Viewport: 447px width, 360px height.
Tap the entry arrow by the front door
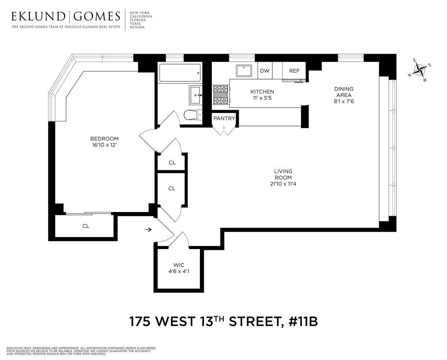point(147,229)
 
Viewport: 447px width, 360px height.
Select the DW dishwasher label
point(265,71)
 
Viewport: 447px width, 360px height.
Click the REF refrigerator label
point(294,71)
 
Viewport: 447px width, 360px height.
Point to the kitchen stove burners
point(220,95)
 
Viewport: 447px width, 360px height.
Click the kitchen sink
point(246,70)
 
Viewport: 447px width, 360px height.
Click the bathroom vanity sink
point(196,95)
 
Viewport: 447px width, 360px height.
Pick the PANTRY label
point(224,118)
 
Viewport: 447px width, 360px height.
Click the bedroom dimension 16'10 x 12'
point(104,145)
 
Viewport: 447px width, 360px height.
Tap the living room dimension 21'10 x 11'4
point(283,184)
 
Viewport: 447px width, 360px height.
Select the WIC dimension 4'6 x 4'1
point(179,271)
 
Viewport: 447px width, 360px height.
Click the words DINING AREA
point(344,92)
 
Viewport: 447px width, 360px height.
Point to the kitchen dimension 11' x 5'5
point(262,98)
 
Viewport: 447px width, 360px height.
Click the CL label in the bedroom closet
point(86,226)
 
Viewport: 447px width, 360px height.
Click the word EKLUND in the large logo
point(38,16)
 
